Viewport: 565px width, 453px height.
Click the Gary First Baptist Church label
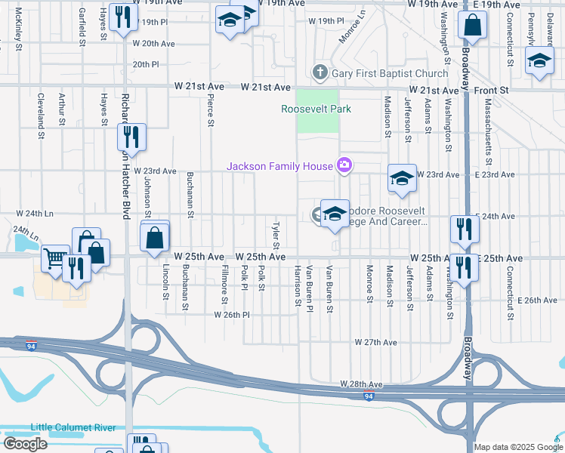tap(390, 73)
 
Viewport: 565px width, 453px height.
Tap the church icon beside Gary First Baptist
tap(320, 73)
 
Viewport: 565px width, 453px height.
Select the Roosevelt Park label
tap(316, 109)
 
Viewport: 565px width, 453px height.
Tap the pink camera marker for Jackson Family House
tap(344, 165)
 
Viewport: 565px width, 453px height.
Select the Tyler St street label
tap(276, 236)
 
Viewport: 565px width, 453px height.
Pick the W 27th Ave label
tap(377, 342)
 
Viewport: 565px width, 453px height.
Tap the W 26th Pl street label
tap(232, 315)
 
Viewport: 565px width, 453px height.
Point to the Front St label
tap(492, 90)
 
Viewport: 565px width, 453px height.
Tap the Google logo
tap(25, 444)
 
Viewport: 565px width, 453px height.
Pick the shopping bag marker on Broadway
tap(471, 25)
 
